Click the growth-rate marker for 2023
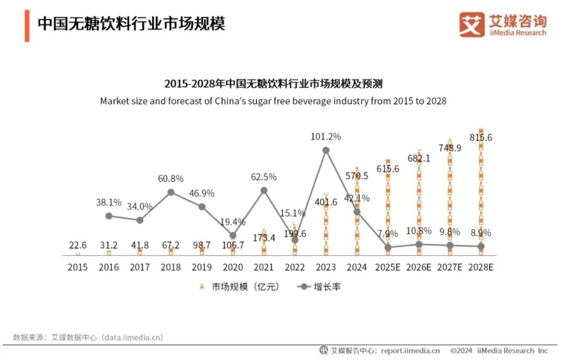[x=326, y=150]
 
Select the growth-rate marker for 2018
[x=171, y=192]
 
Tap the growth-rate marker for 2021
[x=264, y=191]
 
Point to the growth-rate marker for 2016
[x=109, y=215]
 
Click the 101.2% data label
[x=325, y=137]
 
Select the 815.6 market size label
[x=481, y=138]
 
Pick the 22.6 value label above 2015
[x=78, y=245]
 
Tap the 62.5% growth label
[x=264, y=177]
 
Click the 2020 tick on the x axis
[x=232, y=267]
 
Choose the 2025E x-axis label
[x=387, y=267]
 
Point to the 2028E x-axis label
[x=480, y=267]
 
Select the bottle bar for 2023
[x=326, y=225]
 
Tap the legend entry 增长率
[x=320, y=287]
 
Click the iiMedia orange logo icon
[x=472, y=24]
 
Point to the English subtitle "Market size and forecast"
[x=273, y=101]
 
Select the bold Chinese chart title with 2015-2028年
[x=273, y=84]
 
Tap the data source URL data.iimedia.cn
[x=133, y=338]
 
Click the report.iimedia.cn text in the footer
[x=410, y=351]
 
